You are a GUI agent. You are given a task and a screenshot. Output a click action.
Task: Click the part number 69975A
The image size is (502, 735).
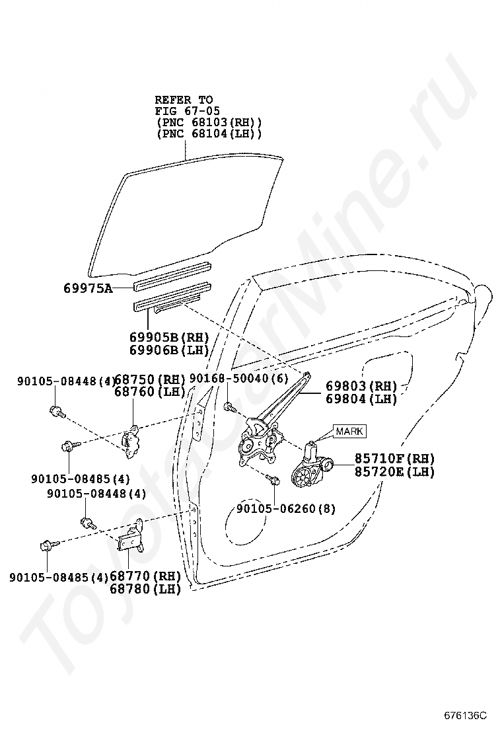click(88, 288)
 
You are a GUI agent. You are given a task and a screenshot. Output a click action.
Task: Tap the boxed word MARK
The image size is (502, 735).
click(349, 432)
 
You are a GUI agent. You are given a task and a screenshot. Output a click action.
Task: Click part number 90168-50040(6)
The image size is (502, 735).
click(239, 379)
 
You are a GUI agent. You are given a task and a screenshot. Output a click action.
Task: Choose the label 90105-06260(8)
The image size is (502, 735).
click(286, 508)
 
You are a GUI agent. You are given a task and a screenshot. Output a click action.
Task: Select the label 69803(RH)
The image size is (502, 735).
click(361, 386)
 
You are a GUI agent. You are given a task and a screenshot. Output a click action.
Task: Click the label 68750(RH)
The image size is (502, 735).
click(151, 379)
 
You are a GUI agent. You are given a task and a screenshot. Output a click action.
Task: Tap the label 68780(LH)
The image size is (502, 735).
click(145, 589)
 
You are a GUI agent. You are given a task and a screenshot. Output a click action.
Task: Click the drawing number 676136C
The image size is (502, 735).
click(465, 716)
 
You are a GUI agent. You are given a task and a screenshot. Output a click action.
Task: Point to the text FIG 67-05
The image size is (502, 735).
click(188, 111)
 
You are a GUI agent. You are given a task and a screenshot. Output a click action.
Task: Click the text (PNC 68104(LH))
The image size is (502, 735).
click(209, 134)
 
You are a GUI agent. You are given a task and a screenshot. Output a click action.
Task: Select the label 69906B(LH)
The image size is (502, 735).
click(169, 350)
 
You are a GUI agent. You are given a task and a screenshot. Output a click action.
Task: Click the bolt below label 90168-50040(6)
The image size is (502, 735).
click(229, 406)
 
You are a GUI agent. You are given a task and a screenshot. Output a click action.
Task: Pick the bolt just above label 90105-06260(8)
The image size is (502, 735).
click(273, 479)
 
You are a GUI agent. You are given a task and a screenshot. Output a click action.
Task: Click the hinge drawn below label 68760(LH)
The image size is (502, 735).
click(131, 439)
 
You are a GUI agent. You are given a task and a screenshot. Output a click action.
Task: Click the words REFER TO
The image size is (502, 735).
click(184, 100)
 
